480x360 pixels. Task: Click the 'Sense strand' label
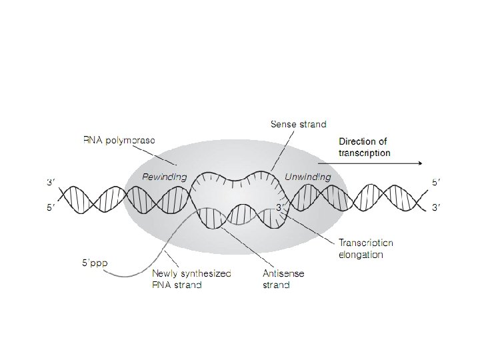click(298, 124)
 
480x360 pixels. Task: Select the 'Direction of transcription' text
click(363, 147)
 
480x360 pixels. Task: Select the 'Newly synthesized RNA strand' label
click(191, 279)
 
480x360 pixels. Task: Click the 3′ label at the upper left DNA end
click(51, 181)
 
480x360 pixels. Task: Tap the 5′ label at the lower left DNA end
click(51, 208)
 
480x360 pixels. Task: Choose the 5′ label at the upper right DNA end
click(437, 181)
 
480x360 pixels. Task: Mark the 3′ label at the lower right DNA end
click(437, 208)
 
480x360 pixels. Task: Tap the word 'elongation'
click(361, 255)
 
